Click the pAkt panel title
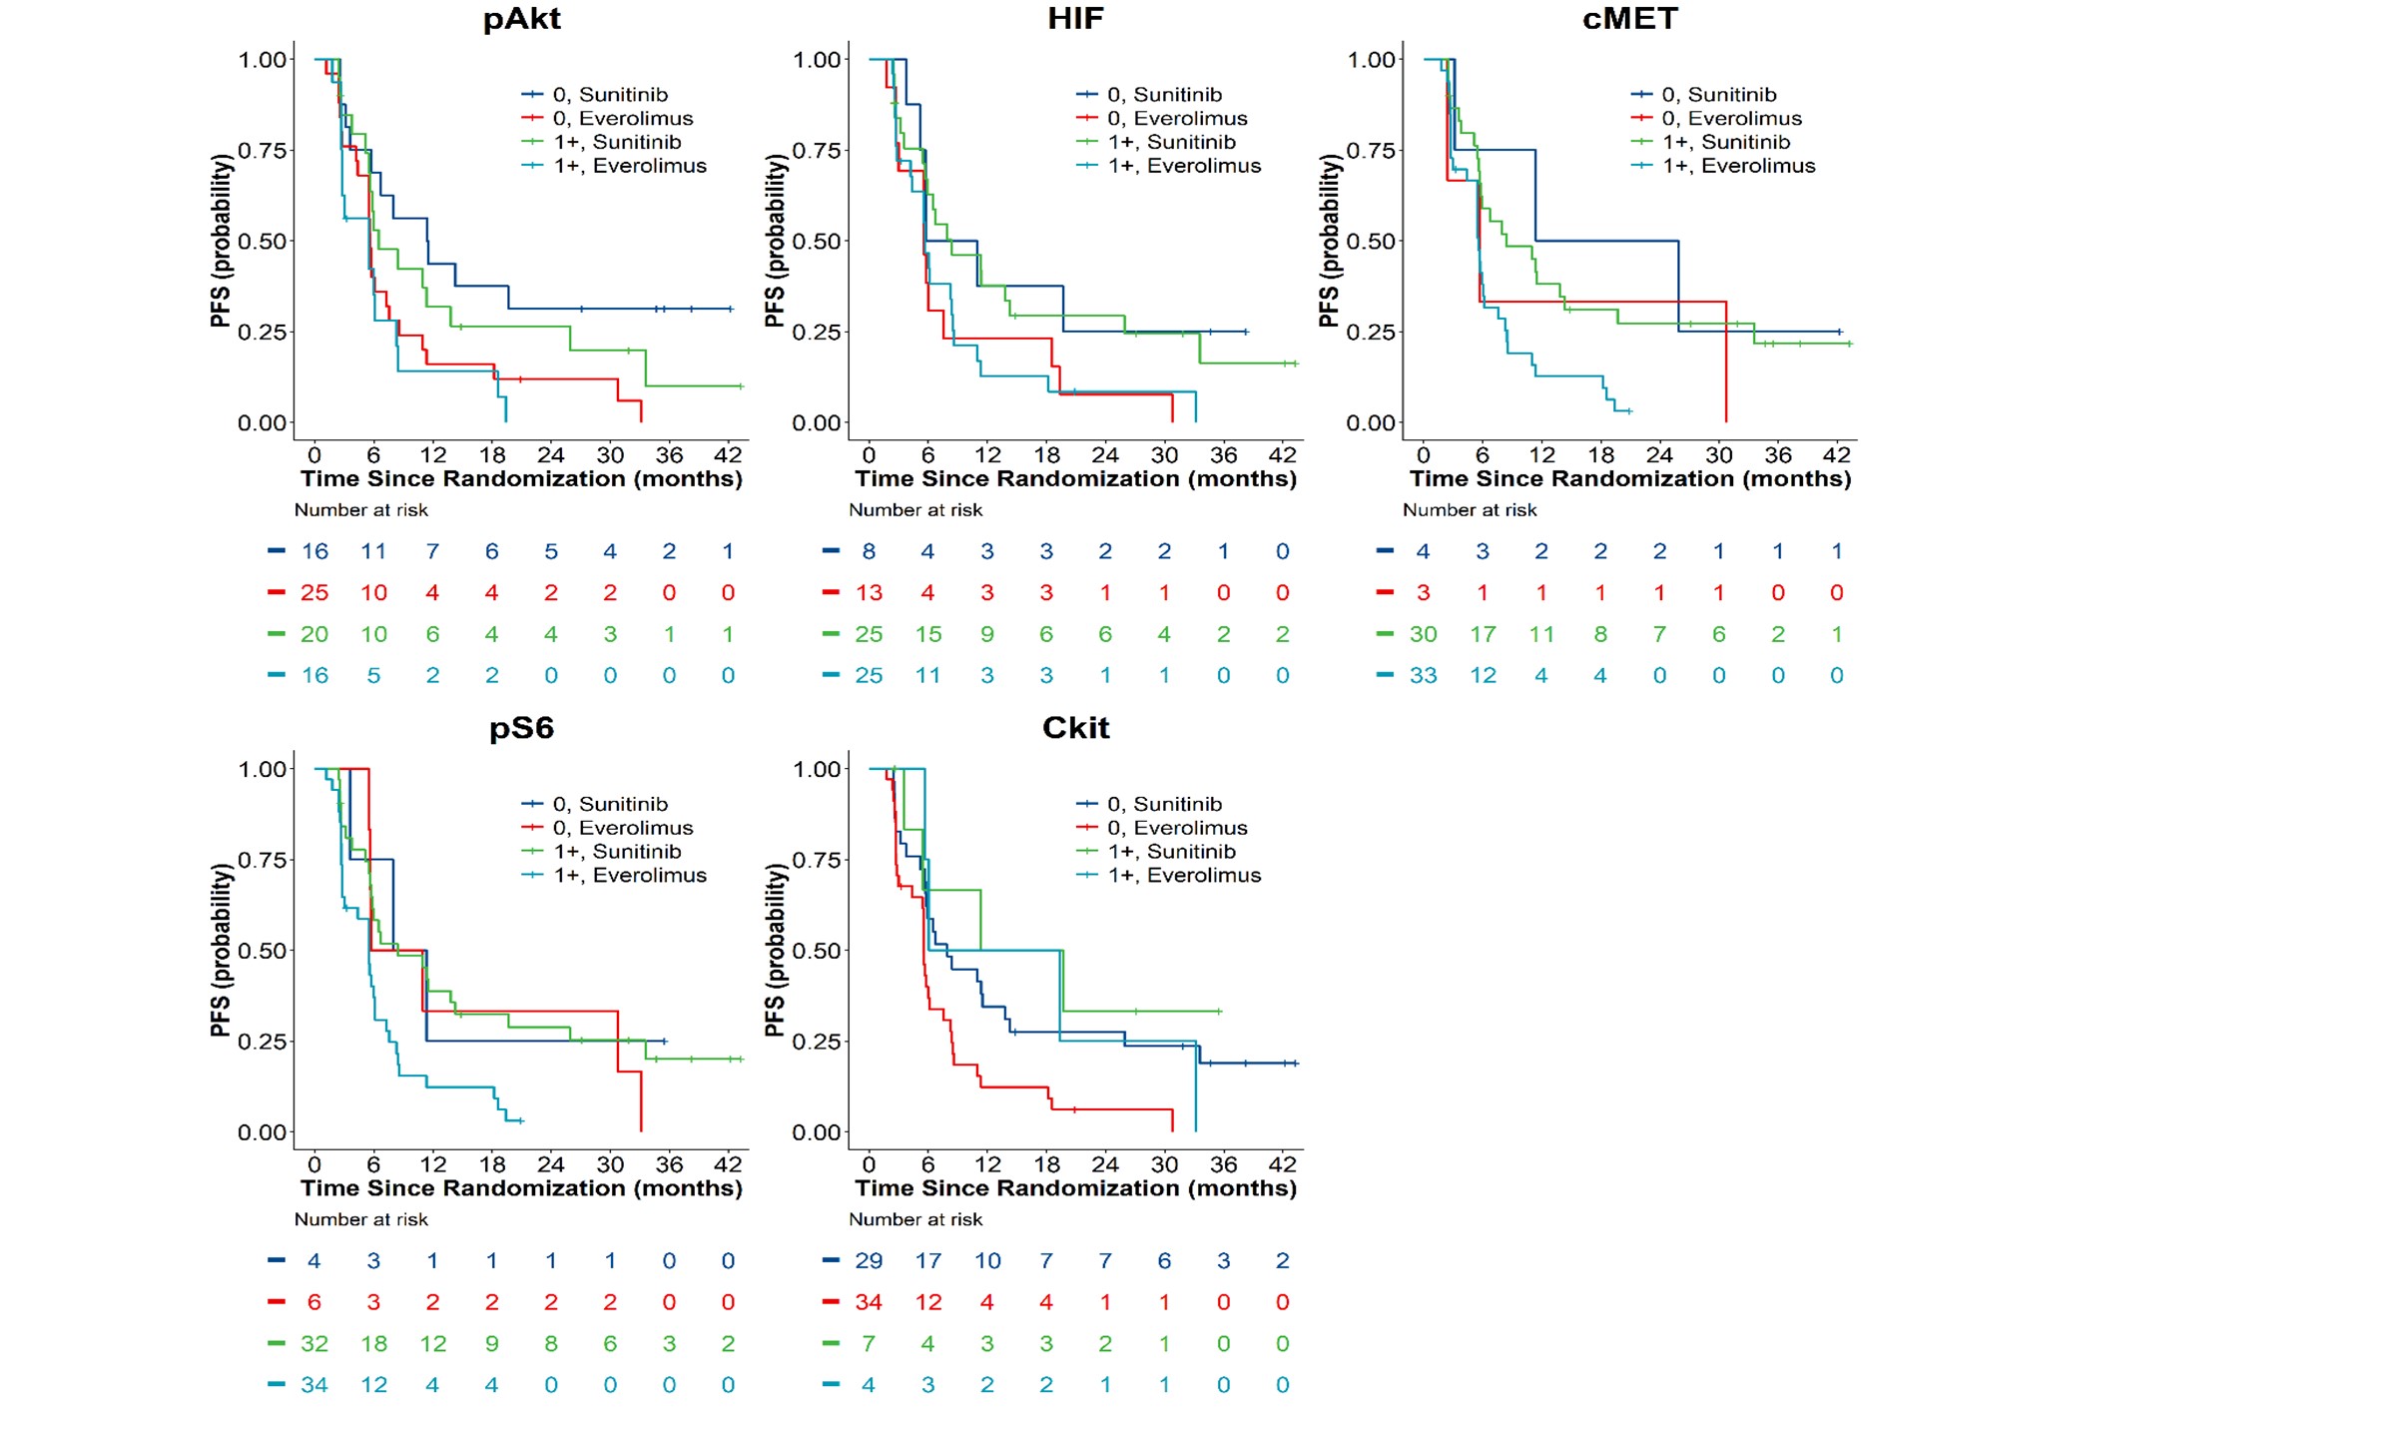click(x=521, y=19)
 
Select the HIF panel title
click(x=1075, y=18)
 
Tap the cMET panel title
click(x=1629, y=18)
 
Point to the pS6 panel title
click(x=521, y=728)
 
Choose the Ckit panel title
click(x=1075, y=727)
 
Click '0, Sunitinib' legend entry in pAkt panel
click(x=595, y=94)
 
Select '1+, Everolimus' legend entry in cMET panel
click(x=1723, y=166)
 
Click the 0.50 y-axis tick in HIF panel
click(x=817, y=241)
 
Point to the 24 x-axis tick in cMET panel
click(x=1659, y=454)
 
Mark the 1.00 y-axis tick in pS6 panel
click(x=263, y=769)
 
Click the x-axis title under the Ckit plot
click(x=1076, y=1188)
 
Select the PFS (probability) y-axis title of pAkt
click(x=221, y=241)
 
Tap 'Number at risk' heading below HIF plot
click(x=915, y=510)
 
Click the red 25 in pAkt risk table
click(x=314, y=593)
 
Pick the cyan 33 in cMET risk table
click(x=1424, y=676)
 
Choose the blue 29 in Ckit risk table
click(x=869, y=1261)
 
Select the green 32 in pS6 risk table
click(x=314, y=1344)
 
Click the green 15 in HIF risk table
click(x=928, y=634)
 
